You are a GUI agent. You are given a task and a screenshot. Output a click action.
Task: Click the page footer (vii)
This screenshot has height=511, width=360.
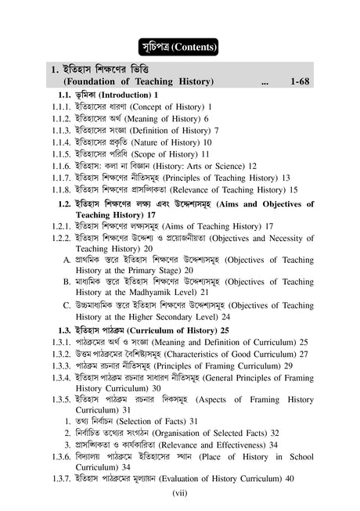(181, 495)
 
